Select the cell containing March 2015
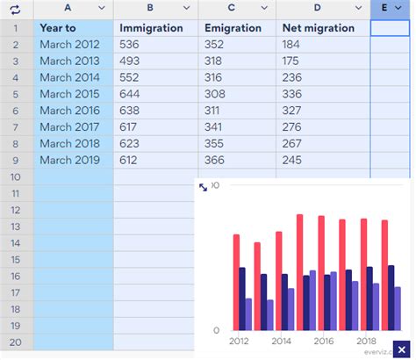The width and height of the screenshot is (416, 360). pyautogui.click(x=69, y=94)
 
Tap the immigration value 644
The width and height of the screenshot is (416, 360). pyautogui.click(x=130, y=94)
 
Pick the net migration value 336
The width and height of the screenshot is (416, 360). pyautogui.click(x=292, y=94)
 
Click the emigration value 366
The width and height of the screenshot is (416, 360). pyautogui.click(x=215, y=161)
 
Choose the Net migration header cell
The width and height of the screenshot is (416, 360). pyautogui.click(x=319, y=27)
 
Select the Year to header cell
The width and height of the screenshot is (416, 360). pyautogui.click(x=58, y=27)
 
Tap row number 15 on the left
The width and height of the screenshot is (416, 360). pyautogui.click(x=16, y=260)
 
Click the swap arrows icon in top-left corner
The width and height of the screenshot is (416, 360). pyautogui.click(x=15, y=9)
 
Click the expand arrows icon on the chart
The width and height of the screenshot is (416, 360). pyautogui.click(x=204, y=187)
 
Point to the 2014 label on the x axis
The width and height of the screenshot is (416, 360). pyautogui.click(x=282, y=342)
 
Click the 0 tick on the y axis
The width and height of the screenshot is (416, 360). pyautogui.click(x=216, y=331)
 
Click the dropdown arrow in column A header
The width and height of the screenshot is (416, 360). pyautogui.click(x=101, y=9)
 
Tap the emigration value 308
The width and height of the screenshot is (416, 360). pyautogui.click(x=215, y=94)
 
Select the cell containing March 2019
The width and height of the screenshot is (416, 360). pyautogui.click(x=69, y=161)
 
